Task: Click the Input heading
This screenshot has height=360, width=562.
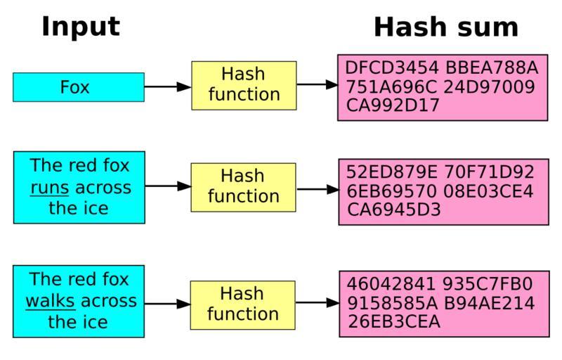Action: click(81, 27)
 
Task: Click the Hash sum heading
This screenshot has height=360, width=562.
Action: click(445, 27)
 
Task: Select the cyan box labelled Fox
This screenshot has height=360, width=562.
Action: click(79, 87)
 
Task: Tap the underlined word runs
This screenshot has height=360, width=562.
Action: click(48, 188)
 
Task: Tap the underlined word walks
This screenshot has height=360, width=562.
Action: click(50, 301)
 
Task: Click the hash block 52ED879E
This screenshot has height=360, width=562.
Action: click(391, 172)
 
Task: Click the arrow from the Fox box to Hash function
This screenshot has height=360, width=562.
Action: click(167, 86)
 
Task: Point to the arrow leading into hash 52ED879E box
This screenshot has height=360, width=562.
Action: click(317, 189)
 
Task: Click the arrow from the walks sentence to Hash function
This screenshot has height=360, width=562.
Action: click(167, 304)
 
